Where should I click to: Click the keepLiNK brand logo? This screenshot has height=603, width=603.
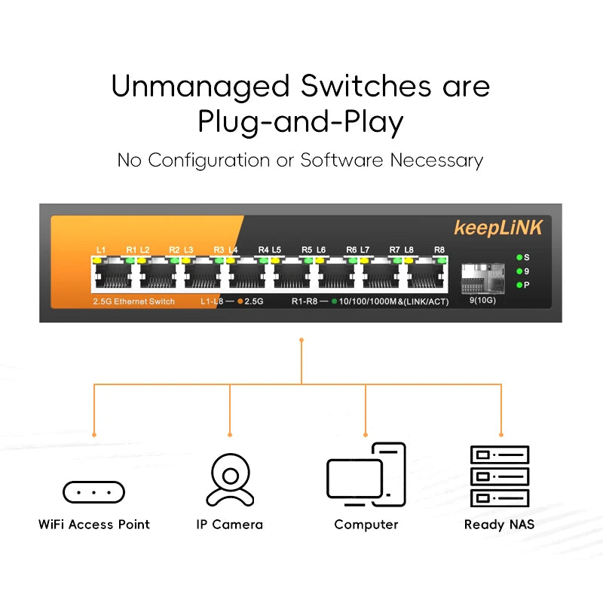point(497,227)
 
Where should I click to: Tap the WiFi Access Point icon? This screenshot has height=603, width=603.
point(93,492)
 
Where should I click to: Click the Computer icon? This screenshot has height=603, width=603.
point(366,479)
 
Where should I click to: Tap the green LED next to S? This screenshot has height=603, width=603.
point(519,257)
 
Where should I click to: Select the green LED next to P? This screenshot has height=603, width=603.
point(519,284)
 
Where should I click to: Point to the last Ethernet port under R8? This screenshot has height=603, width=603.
point(426,275)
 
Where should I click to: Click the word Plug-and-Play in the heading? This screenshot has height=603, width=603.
point(300,121)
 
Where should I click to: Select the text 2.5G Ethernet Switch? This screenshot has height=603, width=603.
point(133,301)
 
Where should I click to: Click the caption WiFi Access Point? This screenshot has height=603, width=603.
point(93,525)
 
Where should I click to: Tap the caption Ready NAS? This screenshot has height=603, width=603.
point(499,525)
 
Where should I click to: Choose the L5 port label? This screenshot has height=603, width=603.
point(277,249)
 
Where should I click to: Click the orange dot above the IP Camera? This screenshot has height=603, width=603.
point(229,435)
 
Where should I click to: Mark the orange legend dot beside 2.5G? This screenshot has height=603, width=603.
point(240,301)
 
